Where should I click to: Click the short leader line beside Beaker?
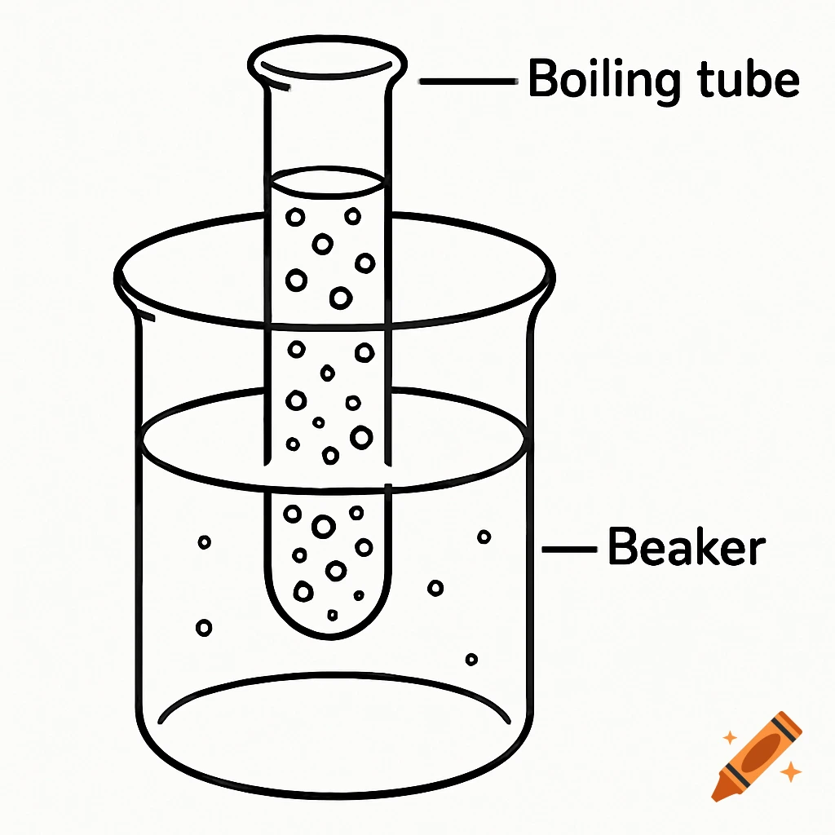click(x=568, y=550)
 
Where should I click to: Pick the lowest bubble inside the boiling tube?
click(x=333, y=614)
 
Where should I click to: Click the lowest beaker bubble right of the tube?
click(x=471, y=659)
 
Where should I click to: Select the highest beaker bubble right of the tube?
click(x=484, y=537)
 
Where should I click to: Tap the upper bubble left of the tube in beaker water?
click(x=205, y=541)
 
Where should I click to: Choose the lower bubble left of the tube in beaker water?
click(x=204, y=628)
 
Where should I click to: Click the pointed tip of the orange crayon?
click(x=717, y=793)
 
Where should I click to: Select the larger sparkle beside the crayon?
click(x=789, y=771)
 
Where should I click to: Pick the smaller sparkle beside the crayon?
click(x=730, y=737)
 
